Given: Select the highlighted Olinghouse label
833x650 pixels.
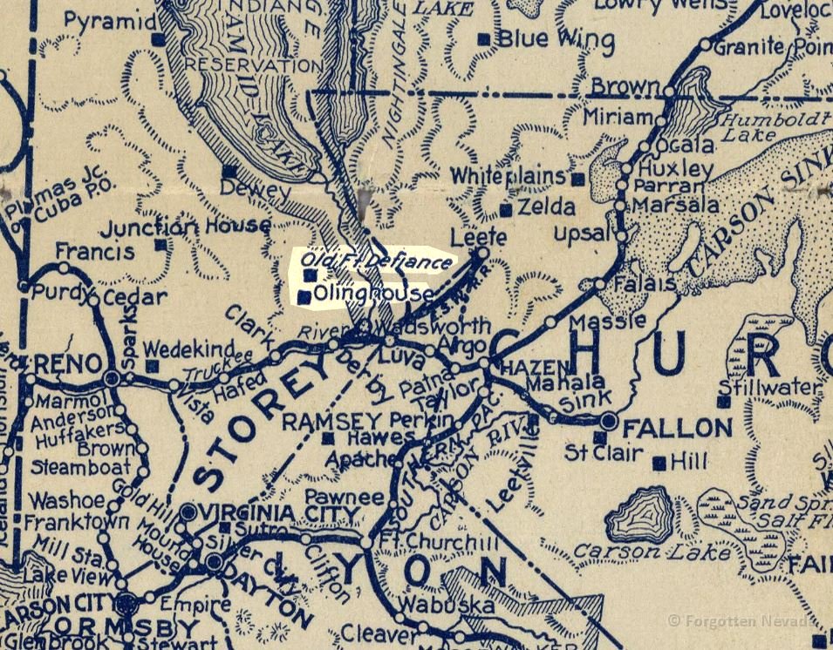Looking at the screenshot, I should pos(373,294).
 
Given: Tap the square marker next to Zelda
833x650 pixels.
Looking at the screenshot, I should pos(505,210).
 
